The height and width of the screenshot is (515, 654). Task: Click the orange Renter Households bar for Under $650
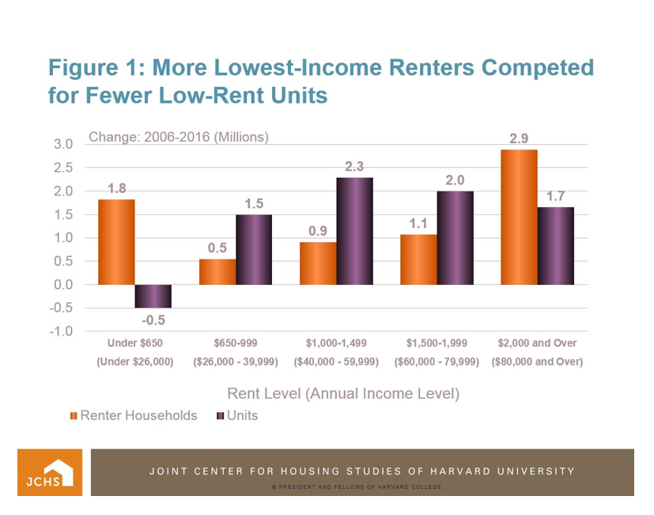click(116, 241)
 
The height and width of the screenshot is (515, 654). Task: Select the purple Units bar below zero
click(153, 296)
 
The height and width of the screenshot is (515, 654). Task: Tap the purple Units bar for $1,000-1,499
click(354, 230)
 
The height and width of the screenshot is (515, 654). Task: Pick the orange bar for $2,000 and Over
click(519, 216)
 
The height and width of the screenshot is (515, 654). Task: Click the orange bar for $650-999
click(217, 271)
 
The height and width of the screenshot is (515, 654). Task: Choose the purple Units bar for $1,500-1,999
click(455, 237)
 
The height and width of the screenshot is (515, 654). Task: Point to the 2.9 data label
click(519, 138)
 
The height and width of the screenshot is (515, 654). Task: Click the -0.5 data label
click(153, 320)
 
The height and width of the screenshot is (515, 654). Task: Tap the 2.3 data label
click(354, 166)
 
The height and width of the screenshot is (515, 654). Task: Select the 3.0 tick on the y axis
click(63, 144)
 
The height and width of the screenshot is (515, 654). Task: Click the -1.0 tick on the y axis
click(62, 331)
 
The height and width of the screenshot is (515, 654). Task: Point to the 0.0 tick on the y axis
click(63, 285)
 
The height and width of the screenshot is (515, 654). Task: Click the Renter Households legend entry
click(134, 415)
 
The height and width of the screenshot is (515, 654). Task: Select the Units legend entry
click(236, 415)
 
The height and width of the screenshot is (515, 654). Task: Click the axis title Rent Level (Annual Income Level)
click(343, 392)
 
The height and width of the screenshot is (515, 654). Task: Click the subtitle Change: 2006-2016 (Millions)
click(179, 136)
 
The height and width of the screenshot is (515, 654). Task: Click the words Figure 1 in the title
click(93, 67)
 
